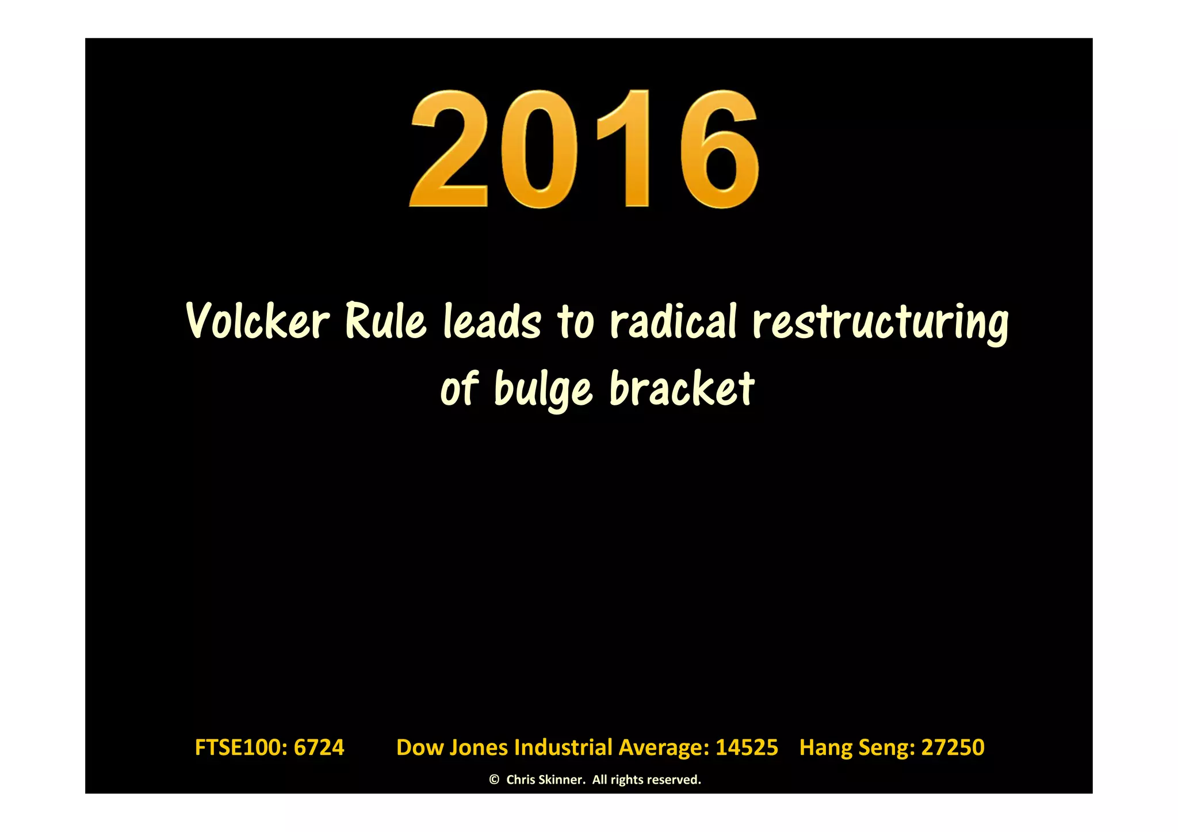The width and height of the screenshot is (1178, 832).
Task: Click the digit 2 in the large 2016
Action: pyautogui.click(x=449, y=149)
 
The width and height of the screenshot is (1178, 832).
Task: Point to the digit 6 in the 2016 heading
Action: pyautogui.click(x=719, y=149)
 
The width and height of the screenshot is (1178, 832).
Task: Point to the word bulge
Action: pyautogui.click(x=542, y=389)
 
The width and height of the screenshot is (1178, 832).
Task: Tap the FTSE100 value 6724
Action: pyautogui.click(x=319, y=747)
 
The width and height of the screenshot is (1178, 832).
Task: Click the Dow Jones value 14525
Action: pyautogui.click(x=747, y=747)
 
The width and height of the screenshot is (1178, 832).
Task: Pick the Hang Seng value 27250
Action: pyautogui.click(x=953, y=747)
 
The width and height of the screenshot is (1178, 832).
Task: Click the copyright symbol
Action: pyautogui.click(x=494, y=780)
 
